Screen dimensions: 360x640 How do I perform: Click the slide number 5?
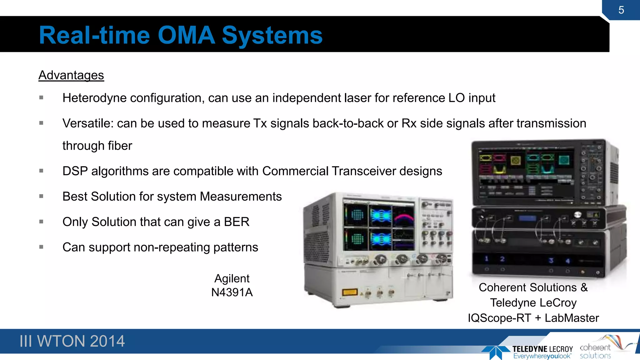[621, 10]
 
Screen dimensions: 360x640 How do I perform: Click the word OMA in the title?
[186, 35]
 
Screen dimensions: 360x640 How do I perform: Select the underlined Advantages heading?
[71, 75]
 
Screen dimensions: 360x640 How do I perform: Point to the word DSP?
[75, 171]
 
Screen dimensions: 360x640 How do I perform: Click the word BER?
[237, 222]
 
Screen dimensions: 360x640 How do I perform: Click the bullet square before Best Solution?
[41, 196]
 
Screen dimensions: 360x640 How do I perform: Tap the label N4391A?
[232, 292]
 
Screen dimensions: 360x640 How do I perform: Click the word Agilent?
[232, 278]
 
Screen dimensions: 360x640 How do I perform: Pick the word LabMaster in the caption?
[572, 318]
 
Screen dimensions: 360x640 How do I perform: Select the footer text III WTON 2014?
[72, 341]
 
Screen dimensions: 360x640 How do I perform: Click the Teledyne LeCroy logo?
[528, 352]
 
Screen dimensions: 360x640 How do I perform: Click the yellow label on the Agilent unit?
[350, 292]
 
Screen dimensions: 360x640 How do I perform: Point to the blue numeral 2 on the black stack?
[502, 259]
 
